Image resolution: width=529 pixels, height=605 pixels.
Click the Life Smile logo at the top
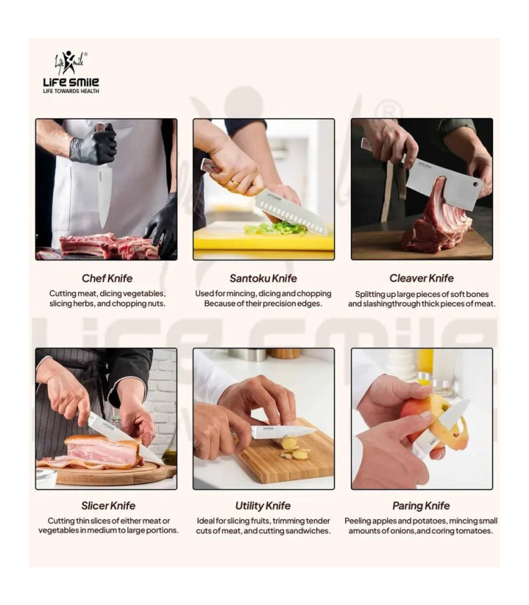(71, 72)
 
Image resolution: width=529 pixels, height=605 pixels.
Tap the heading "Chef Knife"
(107, 278)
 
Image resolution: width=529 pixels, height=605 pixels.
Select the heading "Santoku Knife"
(263, 278)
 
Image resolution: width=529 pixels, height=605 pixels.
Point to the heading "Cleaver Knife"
(422, 278)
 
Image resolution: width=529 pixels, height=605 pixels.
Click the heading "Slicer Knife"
(108, 506)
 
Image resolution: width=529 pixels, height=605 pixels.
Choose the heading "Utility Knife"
(263, 506)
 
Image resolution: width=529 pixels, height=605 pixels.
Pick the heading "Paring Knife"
(421, 506)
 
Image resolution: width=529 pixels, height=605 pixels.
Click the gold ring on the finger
(234, 183)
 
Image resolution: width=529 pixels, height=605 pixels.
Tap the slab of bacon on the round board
(101, 451)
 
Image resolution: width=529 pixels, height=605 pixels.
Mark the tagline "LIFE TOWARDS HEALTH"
(71, 91)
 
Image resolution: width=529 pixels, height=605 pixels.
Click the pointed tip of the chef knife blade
(102, 229)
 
